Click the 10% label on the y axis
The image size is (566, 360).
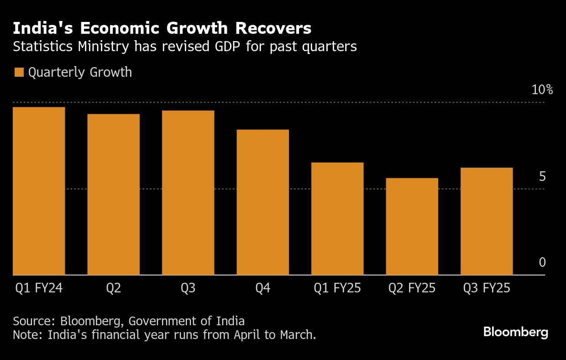pos(542,90)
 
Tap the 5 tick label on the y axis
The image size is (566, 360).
pos(542,176)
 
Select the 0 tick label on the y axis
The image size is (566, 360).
pos(542,262)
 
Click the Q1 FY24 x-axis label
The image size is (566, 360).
pos(39,289)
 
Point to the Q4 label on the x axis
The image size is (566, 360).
pos(262,289)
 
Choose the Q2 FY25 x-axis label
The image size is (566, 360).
pos(412,289)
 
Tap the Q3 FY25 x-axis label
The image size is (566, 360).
pos(487,289)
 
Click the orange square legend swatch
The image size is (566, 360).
pos(19,73)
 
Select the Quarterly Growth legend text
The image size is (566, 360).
pos(80,73)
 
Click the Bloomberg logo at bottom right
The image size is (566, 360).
pos(515,332)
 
